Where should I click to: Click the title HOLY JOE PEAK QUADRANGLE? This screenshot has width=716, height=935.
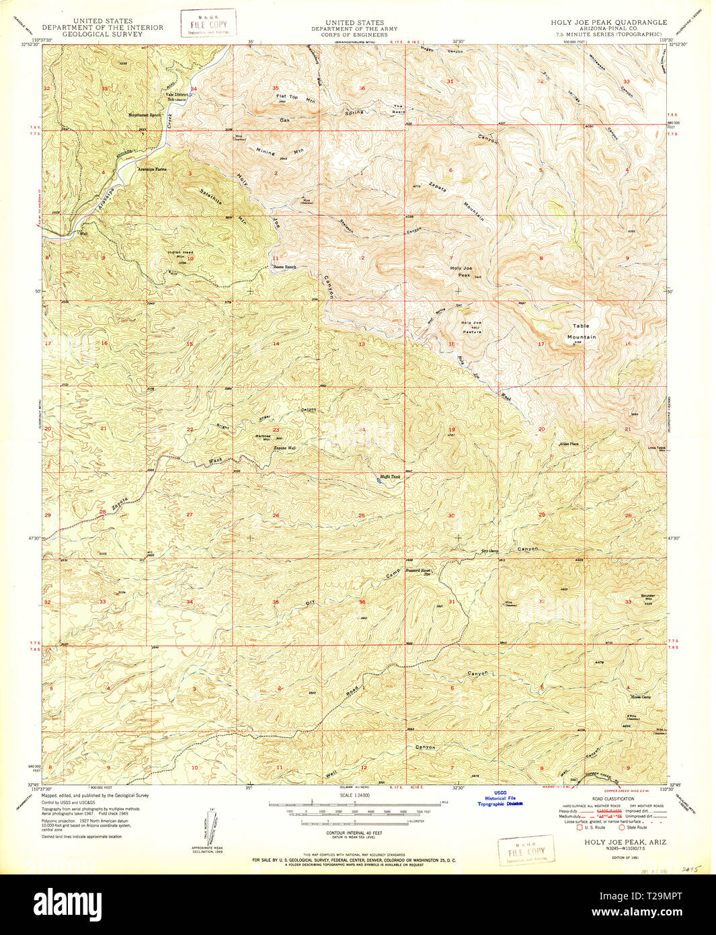(608, 22)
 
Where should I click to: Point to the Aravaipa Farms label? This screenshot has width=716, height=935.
(152, 169)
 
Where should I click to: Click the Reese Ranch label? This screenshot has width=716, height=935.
(284, 267)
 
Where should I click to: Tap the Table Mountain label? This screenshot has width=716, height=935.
(581, 331)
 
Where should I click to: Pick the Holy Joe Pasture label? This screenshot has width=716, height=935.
(471, 327)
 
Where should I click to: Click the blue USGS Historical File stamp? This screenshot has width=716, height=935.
(500, 798)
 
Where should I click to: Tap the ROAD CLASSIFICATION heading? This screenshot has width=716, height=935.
(608, 798)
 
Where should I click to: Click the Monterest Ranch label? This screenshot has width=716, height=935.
(145, 115)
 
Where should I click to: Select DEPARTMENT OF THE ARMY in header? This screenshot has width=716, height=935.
(354, 29)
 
